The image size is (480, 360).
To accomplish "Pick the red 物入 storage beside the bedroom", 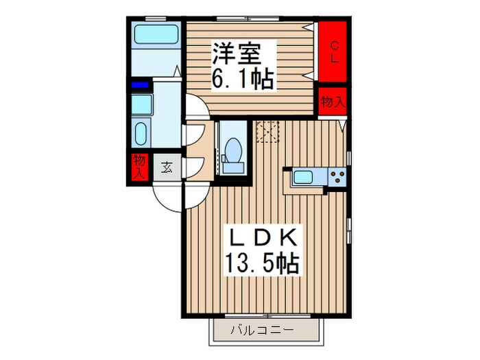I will (332, 102).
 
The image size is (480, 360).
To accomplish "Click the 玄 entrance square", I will (167, 166).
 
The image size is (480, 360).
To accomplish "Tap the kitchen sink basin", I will (304, 177).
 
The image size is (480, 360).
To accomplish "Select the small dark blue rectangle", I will (140, 85).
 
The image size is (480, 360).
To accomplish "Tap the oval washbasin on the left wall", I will (141, 133).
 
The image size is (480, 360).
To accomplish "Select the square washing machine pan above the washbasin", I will (142, 104).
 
